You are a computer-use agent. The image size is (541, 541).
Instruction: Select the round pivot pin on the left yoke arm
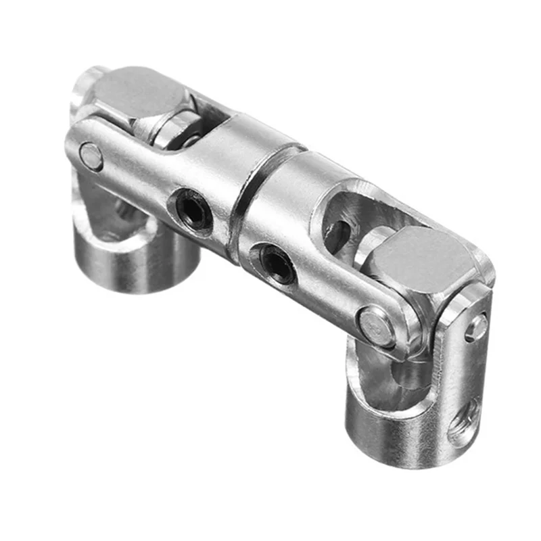point(91,156)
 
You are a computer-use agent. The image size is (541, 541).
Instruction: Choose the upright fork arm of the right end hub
point(467,352)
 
